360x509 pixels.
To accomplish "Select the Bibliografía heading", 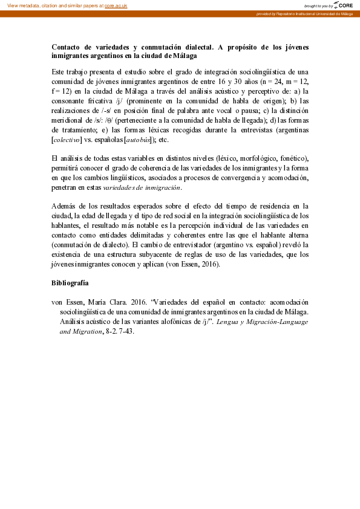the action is (70, 282).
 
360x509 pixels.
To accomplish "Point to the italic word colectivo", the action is (68, 140).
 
